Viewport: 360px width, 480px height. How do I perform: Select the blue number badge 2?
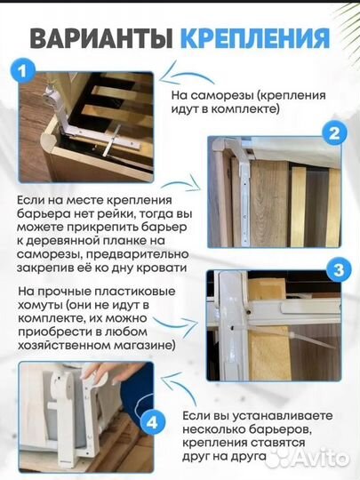[333, 135]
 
